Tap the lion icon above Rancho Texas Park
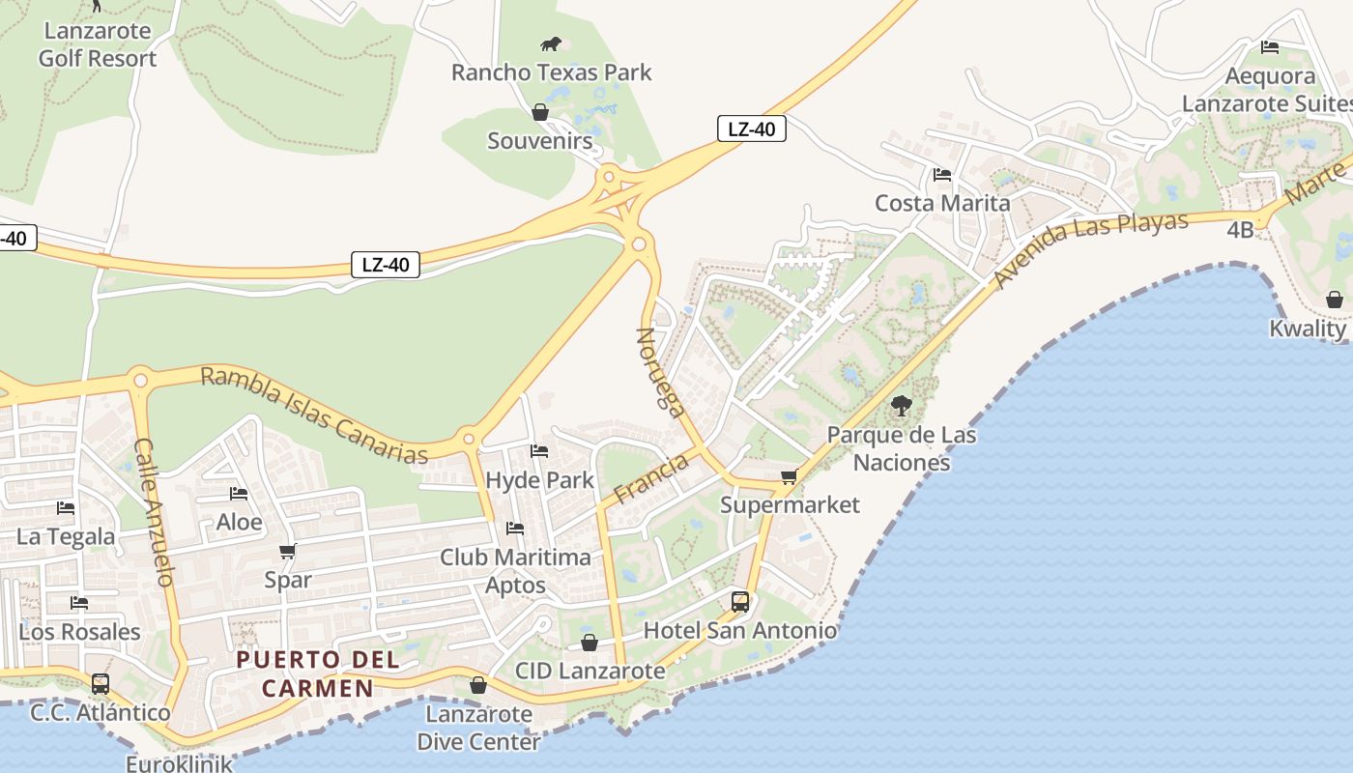point(551,43)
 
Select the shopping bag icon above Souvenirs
point(540,113)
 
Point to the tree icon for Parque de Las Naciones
point(902,406)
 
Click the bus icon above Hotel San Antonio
point(740,602)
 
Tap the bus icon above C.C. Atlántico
point(101,684)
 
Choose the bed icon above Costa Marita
point(942,175)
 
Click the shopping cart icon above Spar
point(287,552)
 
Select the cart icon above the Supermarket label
point(790,476)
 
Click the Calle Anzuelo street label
point(154,512)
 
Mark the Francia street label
point(651,478)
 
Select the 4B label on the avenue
point(1240,230)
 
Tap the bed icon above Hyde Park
point(539,451)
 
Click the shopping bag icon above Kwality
point(1335,300)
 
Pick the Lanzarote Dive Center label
point(478,729)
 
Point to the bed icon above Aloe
point(239,494)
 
